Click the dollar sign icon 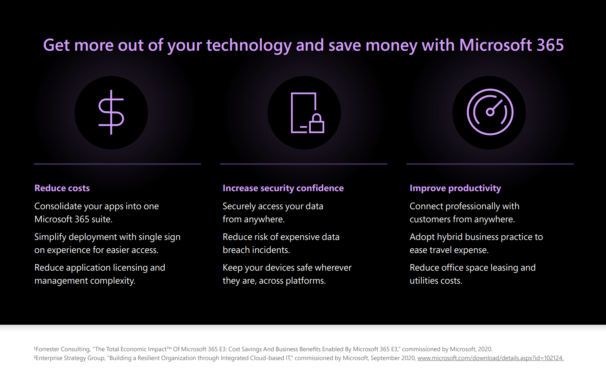[111, 112]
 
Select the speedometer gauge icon [490, 112]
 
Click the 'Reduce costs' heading [62, 188]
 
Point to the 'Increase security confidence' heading [283, 188]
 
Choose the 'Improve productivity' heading [455, 188]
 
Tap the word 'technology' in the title [249, 45]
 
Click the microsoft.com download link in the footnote [490, 358]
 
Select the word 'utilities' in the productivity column [424, 281]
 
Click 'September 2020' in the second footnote [393, 358]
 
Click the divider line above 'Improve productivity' [490, 164]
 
